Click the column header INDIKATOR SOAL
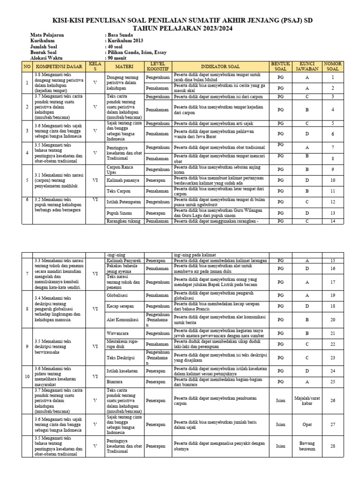pyautogui.click(x=220, y=67)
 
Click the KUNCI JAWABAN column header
pyautogui.click(x=307, y=66)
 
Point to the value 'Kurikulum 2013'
pyautogui.click(x=125, y=41)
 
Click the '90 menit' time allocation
pyautogui.click(x=117, y=58)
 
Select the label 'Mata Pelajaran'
pyautogui.click(x=47, y=35)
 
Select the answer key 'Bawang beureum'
pyautogui.click(x=307, y=446)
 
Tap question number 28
pyautogui.click(x=332, y=446)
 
